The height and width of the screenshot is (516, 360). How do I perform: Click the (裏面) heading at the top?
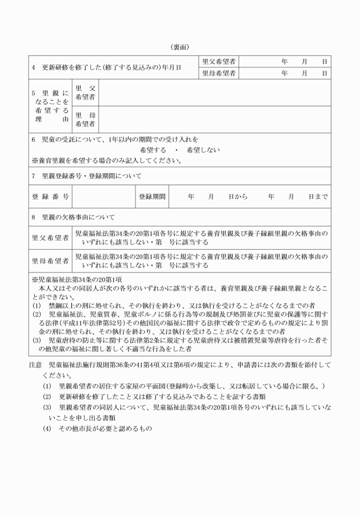(x=179, y=46)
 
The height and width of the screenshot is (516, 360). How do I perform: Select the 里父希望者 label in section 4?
(x=219, y=61)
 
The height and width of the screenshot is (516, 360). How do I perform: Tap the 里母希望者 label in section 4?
(x=219, y=73)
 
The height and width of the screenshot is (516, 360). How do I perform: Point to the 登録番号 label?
(x=50, y=197)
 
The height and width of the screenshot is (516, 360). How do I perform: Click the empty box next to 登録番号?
(x=103, y=197)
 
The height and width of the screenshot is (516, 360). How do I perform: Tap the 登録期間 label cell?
(x=151, y=197)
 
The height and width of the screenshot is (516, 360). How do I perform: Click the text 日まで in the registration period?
(x=318, y=197)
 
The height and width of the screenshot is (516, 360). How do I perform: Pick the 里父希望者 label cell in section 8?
(x=50, y=237)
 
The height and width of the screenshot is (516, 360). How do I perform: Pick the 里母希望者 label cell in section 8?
(x=50, y=261)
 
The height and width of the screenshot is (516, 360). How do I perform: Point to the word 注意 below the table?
(x=35, y=364)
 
